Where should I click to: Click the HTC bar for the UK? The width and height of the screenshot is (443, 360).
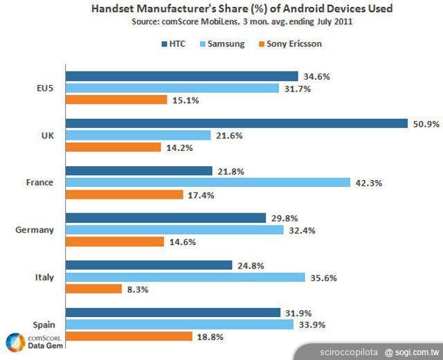[236, 123]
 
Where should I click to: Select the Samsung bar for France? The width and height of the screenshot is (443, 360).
[208, 183]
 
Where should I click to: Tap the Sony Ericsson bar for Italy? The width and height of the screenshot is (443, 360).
[93, 289]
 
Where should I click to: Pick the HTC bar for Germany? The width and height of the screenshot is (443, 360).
[165, 218]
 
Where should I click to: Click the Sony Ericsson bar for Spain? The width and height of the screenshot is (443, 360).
[129, 336]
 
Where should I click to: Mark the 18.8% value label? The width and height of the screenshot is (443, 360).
[208, 336]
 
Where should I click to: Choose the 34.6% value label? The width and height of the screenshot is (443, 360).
[315, 76]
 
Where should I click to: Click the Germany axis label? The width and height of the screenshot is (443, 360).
[35, 230]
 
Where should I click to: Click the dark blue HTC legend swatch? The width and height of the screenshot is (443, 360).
[163, 44]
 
